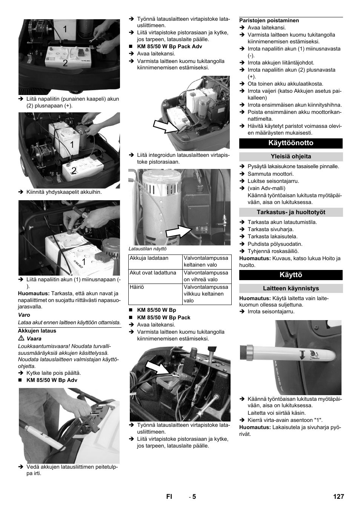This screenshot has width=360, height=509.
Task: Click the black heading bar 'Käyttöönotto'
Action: point(291,143)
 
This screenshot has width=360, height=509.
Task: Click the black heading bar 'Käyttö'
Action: point(291,275)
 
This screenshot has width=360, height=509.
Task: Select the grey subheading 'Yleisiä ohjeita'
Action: point(291,156)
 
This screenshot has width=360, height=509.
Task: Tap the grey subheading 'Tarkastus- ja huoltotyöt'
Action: point(291,212)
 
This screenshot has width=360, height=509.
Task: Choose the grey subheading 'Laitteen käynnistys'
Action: point(291,288)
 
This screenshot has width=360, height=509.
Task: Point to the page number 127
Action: point(338,497)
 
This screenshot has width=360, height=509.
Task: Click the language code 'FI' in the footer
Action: point(169,497)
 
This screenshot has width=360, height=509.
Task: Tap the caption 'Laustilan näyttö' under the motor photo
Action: point(147,249)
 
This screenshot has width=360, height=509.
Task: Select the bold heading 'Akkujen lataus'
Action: point(37,331)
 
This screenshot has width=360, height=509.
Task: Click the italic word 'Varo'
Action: point(24,315)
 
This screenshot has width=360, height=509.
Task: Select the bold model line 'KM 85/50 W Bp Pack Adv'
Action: point(169,46)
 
